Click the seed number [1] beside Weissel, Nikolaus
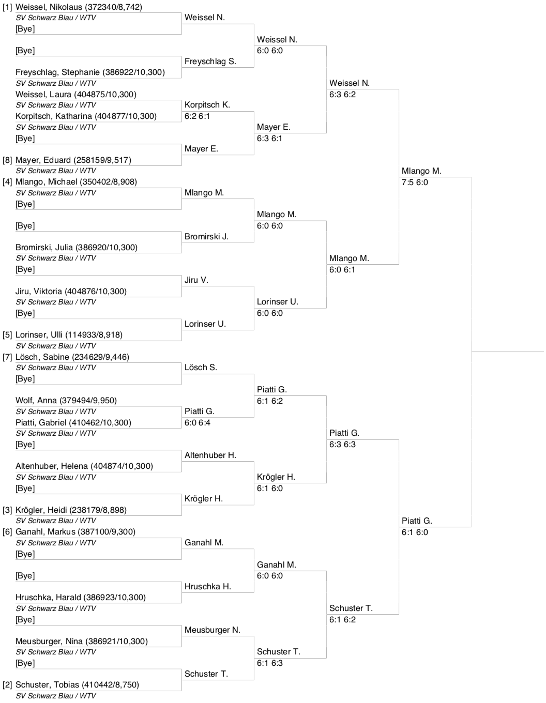click(7, 7)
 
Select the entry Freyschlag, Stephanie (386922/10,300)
click(90, 72)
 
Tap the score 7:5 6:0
click(415, 182)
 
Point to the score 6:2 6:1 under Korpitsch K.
click(197, 116)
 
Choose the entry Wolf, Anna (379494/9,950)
click(66, 401)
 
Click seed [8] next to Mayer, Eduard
click(7, 160)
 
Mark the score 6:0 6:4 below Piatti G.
click(197, 423)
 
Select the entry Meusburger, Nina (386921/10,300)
click(82, 641)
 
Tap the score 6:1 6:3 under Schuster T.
click(269, 663)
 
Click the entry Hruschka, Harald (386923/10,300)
click(81, 598)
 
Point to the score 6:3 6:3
click(342, 445)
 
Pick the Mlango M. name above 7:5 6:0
click(421, 171)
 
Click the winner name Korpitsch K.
click(207, 105)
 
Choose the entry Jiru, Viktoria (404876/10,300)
click(71, 292)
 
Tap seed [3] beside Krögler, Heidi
click(7, 510)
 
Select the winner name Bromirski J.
click(206, 237)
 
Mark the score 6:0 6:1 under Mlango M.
click(342, 270)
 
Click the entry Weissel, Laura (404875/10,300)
click(76, 95)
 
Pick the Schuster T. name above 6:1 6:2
click(351, 608)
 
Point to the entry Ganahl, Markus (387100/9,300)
click(75, 532)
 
